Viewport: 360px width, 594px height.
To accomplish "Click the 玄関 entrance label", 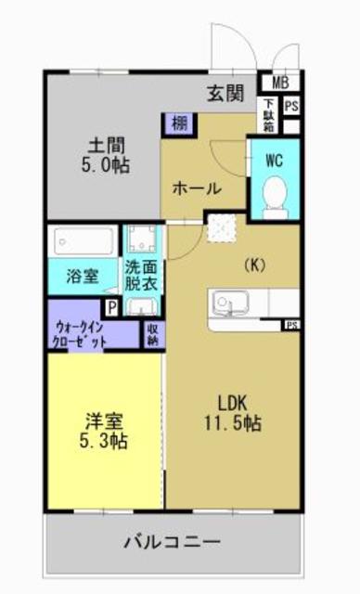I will (x=225, y=93).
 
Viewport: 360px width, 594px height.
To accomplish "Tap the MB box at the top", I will (x=279, y=82).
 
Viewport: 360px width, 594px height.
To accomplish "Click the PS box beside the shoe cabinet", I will (x=290, y=107).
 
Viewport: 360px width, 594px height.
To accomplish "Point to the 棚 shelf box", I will (x=176, y=123).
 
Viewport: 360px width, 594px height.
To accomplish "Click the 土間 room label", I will (x=107, y=147).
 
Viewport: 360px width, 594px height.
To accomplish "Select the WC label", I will (x=274, y=160).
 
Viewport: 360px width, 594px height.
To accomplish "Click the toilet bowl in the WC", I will (x=275, y=196).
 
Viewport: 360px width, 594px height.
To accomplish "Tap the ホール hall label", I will (x=195, y=188).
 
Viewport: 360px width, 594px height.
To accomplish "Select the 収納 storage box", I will (x=151, y=334).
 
